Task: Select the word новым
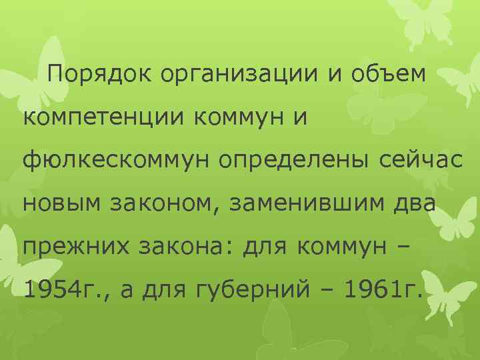(59, 203)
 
